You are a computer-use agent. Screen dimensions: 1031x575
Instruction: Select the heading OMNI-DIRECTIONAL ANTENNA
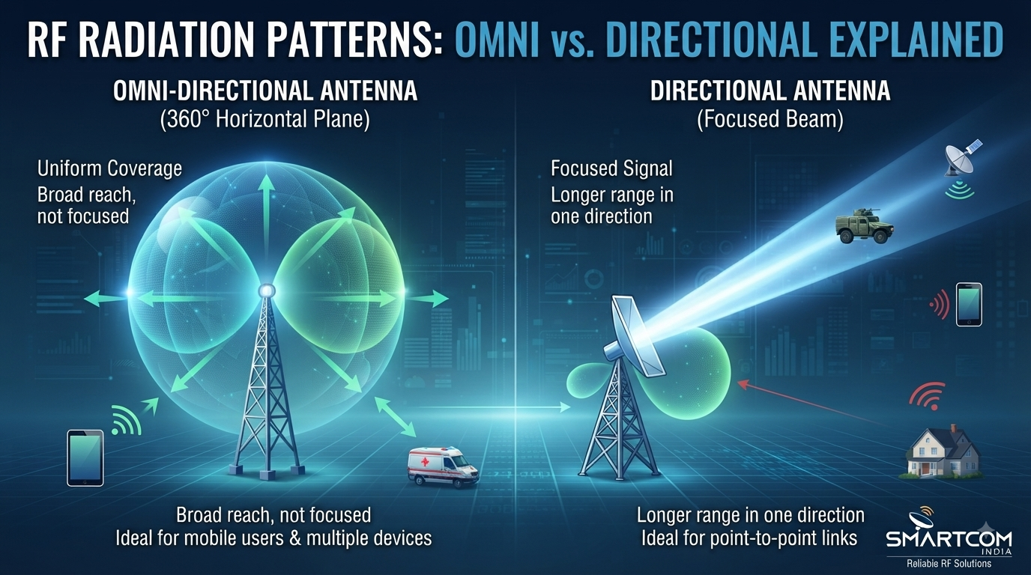click(x=265, y=91)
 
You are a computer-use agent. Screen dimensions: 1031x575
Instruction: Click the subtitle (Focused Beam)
click(x=770, y=120)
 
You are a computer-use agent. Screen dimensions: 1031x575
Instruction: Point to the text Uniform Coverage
click(x=109, y=168)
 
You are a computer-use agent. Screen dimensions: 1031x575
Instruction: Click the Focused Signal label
click(x=611, y=168)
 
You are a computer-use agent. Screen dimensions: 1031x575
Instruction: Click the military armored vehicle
click(x=865, y=225)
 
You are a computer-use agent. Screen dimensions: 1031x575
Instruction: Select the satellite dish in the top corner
click(x=962, y=159)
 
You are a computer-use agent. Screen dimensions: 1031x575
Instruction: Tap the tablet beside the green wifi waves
click(x=85, y=457)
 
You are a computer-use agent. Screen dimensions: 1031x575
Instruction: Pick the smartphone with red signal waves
click(x=969, y=305)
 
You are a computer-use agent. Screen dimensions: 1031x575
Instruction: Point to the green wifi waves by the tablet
click(x=125, y=419)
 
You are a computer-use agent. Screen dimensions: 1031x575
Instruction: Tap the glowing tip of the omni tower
click(x=267, y=290)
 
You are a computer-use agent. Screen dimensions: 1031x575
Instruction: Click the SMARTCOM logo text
click(x=949, y=538)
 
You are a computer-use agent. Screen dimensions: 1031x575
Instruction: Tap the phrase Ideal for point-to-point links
click(x=749, y=538)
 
